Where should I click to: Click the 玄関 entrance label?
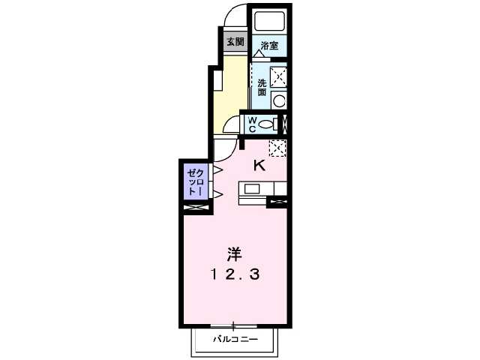(235, 42)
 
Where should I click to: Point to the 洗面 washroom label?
(262, 87)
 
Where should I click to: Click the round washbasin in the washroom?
(278, 101)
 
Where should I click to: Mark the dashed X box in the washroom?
(278, 75)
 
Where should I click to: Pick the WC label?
(252, 124)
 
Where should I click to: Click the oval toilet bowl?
(271, 124)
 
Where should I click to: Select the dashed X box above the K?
(277, 148)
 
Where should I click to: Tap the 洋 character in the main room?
(235, 253)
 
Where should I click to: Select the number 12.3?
(234, 274)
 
